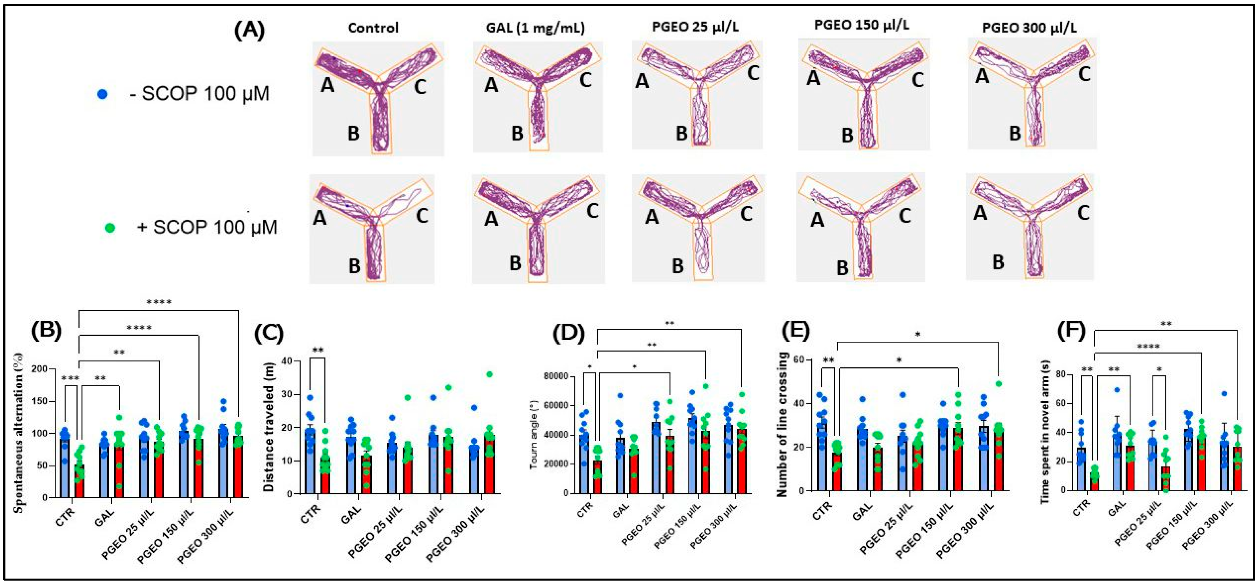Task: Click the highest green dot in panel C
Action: (489, 374)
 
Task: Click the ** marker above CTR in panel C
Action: (318, 350)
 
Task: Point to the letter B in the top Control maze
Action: (353, 133)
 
